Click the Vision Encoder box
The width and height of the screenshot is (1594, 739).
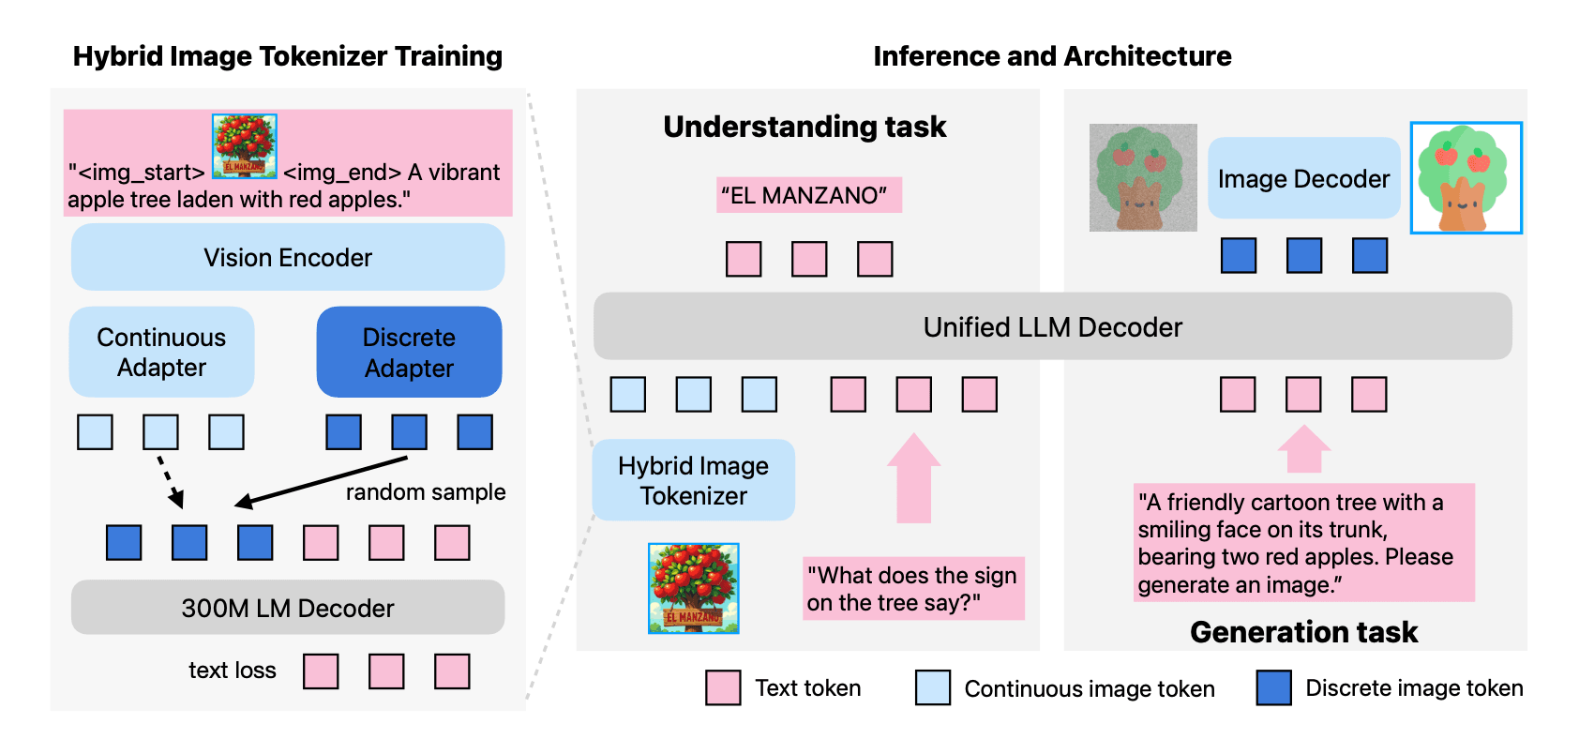[x=288, y=257]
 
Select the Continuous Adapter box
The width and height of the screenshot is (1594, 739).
[x=161, y=352]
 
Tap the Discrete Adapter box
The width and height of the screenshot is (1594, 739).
[x=409, y=352]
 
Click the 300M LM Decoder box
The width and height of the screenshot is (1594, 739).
[x=288, y=608]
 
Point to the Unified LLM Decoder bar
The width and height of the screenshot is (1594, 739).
[x=1052, y=326]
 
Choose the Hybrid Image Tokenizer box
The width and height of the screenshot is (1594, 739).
[x=693, y=480]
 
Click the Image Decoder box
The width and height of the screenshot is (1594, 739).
[x=1303, y=178]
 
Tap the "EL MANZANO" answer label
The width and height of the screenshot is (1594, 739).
[x=808, y=195]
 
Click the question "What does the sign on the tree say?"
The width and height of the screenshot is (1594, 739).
[x=912, y=588]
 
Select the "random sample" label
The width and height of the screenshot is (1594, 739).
[x=426, y=492]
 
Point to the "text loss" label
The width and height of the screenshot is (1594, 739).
[x=233, y=671]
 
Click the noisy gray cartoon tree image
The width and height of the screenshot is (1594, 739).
[x=1143, y=177]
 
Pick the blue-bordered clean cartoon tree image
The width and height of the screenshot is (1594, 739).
[x=1466, y=177]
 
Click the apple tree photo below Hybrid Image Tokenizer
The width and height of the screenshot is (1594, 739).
[x=694, y=588]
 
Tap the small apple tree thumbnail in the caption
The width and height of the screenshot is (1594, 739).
[x=245, y=146]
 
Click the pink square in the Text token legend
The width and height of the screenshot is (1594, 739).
[x=723, y=687]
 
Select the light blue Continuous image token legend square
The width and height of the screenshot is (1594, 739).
[x=933, y=687]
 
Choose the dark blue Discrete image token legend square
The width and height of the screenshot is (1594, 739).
[x=1274, y=687]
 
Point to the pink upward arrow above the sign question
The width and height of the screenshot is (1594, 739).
[x=913, y=478]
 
